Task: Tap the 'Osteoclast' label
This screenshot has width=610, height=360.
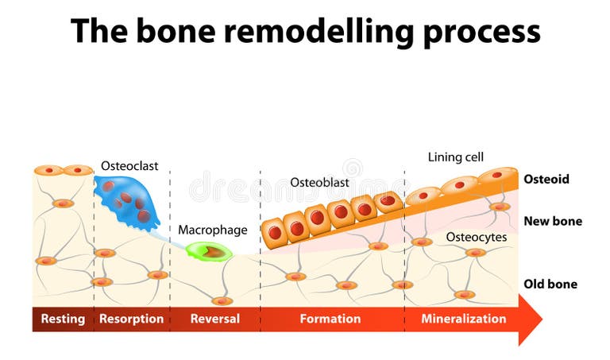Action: tap(129, 166)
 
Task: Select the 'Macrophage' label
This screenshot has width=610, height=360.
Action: tap(213, 230)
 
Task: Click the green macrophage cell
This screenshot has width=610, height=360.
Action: tap(210, 253)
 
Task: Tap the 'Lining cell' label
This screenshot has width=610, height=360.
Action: tap(456, 157)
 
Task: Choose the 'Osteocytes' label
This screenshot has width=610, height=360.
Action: tap(477, 237)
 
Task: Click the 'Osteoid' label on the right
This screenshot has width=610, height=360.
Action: tap(546, 180)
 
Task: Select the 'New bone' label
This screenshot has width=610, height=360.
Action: tap(553, 221)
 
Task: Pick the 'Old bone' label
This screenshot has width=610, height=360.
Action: tap(550, 284)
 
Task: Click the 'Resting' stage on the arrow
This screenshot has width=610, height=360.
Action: tap(63, 319)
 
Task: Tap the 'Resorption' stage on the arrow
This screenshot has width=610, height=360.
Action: tap(131, 319)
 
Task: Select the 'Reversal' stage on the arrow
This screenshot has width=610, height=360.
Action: tap(214, 319)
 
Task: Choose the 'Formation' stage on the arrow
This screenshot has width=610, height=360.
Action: tap(330, 319)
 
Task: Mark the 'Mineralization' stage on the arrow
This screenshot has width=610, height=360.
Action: tap(463, 319)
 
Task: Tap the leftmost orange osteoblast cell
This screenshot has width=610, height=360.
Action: tap(275, 232)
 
